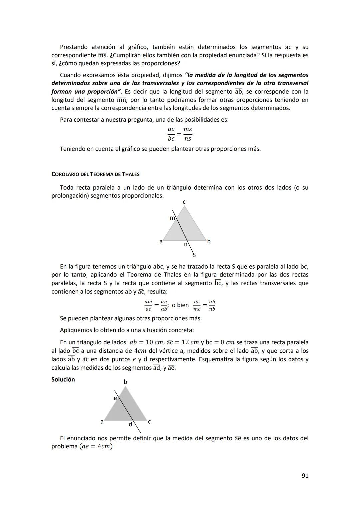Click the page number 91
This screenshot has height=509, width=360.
(305, 476)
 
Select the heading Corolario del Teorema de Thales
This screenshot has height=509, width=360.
(95, 174)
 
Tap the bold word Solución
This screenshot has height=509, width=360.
(63, 379)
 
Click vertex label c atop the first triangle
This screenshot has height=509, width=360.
(184, 202)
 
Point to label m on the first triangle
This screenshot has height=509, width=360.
(172, 218)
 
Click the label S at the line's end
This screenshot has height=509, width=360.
(194, 255)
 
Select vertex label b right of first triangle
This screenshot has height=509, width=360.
(209, 241)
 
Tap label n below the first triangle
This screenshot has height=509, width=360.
(185, 244)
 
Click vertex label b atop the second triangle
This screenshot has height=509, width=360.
(125, 382)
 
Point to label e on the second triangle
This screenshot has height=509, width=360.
(115, 398)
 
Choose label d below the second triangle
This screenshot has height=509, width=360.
(130, 425)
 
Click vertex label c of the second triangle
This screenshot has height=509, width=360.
(149, 422)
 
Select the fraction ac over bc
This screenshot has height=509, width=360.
(171, 134)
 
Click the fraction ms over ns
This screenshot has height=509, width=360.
(188, 134)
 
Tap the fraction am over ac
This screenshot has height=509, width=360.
(148, 305)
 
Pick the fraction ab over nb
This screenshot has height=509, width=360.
(212, 305)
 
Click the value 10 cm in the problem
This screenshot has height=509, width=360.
(155, 342)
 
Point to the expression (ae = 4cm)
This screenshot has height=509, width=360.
(96, 446)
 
